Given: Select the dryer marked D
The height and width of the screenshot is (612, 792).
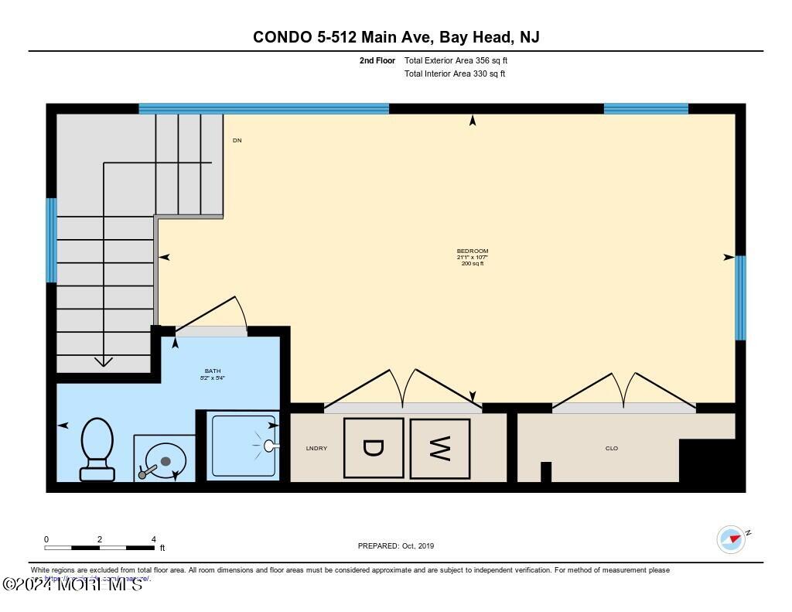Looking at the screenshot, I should pyautogui.click(x=374, y=448).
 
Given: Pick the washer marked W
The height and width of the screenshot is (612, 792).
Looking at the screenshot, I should pyautogui.click(x=440, y=449).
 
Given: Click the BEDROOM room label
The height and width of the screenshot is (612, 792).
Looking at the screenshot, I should pyautogui.click(x=473, y=251).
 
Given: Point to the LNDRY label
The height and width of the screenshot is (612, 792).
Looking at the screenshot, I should pyautogui.click(x=316, y=449).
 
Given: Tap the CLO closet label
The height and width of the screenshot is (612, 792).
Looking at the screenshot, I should pyautogui.click(x=612, y=449).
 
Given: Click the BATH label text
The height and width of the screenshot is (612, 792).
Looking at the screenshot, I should pyautogui.click(x=213, y=371).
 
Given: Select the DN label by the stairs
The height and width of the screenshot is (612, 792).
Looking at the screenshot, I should pyautogui.click(x=237, y=141).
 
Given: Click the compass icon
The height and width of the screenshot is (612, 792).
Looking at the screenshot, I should pyautogui.click(x=730, y=539).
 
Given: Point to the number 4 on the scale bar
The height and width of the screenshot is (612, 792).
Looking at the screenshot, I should pyautogui.click(x=153, y=539).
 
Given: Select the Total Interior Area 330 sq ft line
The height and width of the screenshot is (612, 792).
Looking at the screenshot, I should pyautogui.click(x=455, y=74).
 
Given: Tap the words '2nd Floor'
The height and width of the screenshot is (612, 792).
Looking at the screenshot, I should pyautogui.click(x=377, y=60).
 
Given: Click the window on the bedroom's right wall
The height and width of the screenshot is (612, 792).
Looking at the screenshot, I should pyautogui.click(x=740, y=298).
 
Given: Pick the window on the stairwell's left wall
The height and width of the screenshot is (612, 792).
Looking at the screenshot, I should pyautogui.click(x=52, y=240).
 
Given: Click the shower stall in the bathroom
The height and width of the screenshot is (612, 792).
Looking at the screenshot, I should pyautogui.click(x=242, y=446).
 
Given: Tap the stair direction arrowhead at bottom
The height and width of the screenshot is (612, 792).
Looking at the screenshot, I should pyautogui.click(x=103, y=362).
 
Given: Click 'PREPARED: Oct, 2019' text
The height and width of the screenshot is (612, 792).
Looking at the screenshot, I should pyautogui.click(x=396, y=546).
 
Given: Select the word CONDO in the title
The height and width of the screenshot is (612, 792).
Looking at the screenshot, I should pyautogui.click(x=281, y=37).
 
